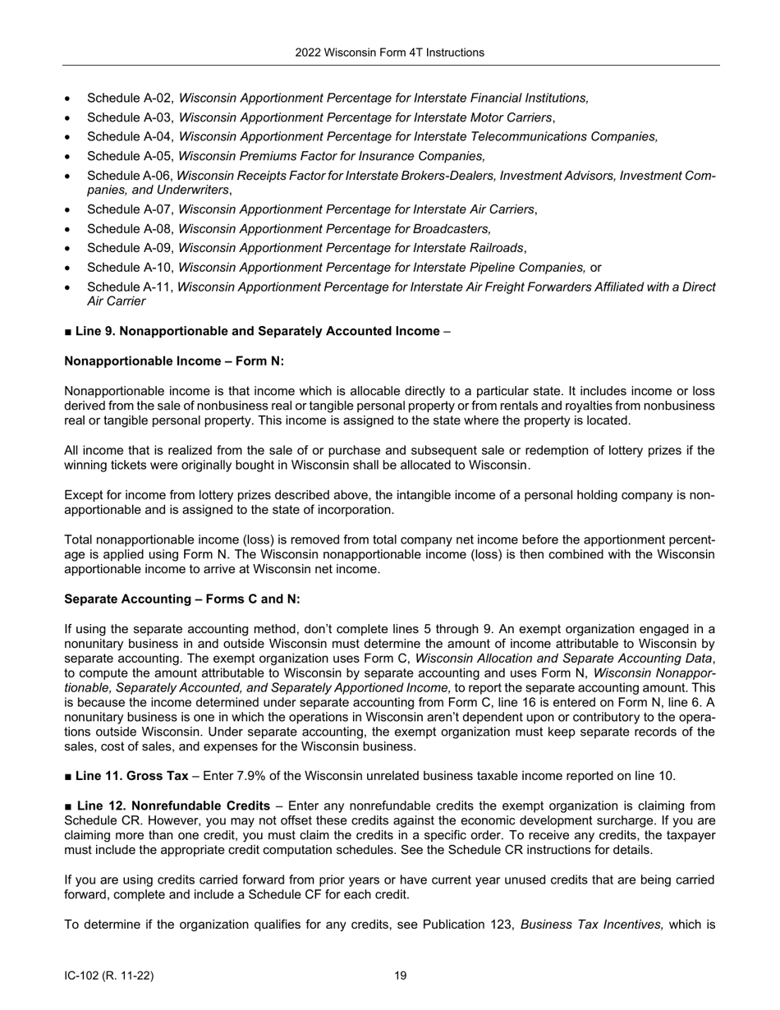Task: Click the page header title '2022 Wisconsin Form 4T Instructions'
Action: (389, 53)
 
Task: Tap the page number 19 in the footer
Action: (400, 976)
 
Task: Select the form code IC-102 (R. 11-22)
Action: (108, 976)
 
